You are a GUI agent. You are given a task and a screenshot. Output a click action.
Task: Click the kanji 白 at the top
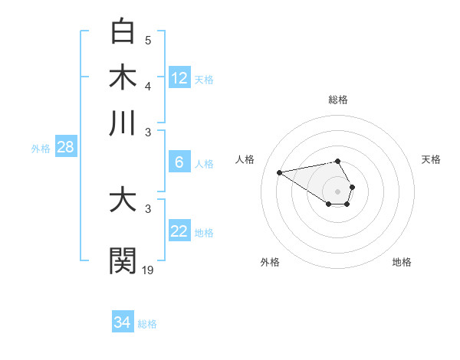click(123, 31)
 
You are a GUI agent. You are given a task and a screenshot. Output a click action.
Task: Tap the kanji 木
click(123, 77)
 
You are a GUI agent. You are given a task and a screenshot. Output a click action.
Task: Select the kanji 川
click(123, 123)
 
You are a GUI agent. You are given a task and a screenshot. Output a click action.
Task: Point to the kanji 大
click(123, 201)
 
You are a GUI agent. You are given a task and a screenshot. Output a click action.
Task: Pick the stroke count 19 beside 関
click(148, 269)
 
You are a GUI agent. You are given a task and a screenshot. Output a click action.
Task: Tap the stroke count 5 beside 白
click(148, 40)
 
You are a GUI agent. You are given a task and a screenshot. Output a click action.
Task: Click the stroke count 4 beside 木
click(148, 86)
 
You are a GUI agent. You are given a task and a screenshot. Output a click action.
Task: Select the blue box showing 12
click(179, 78)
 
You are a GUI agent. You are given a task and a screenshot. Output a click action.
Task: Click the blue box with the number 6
click(179, 162)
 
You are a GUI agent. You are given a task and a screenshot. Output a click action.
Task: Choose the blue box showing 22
click(179, 231)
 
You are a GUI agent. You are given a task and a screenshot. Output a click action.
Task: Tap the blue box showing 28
click(65, 148)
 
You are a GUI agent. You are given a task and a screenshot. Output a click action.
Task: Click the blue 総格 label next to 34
click(147, 324)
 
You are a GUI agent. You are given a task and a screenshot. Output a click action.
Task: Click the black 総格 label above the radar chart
click(338, 100)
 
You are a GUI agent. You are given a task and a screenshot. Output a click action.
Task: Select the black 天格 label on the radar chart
click(431, 159)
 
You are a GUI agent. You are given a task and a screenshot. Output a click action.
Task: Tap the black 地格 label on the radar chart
click(402, 262)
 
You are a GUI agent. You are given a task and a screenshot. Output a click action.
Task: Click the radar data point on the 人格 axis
click(279, 172)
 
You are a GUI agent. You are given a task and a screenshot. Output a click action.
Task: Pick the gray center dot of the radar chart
click(338, 191)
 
